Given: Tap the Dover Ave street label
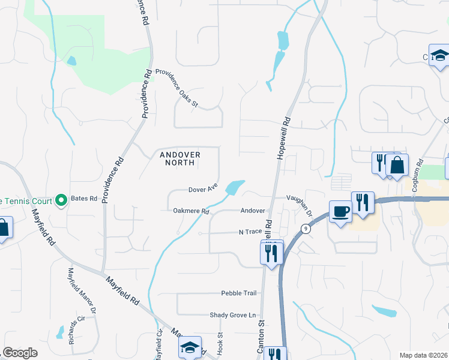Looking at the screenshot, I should [202, 189].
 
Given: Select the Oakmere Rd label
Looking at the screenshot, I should [190, 211].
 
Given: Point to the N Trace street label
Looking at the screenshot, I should [252, 232].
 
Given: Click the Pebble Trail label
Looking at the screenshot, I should [239, 293].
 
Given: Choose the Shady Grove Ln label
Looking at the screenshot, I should [232, 315].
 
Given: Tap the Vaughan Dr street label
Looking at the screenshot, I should [300, 205].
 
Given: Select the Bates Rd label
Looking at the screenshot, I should [84, 198].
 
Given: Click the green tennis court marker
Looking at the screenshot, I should [61, 199].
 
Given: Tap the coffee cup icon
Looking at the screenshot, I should [341, 212].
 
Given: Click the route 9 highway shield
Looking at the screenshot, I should [306, 228].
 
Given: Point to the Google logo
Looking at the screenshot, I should [20, 353].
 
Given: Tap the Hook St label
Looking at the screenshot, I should [220, 344].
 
